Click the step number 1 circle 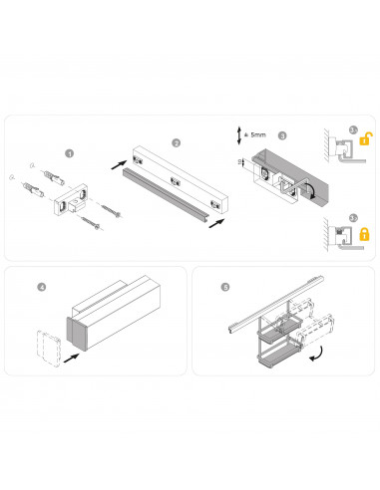(x=69, y=153)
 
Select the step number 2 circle (x=176, y=142)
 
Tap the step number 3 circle (x=282, y=135)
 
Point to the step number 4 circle (x=41, y=288)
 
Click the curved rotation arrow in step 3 (x=312, y=189)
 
